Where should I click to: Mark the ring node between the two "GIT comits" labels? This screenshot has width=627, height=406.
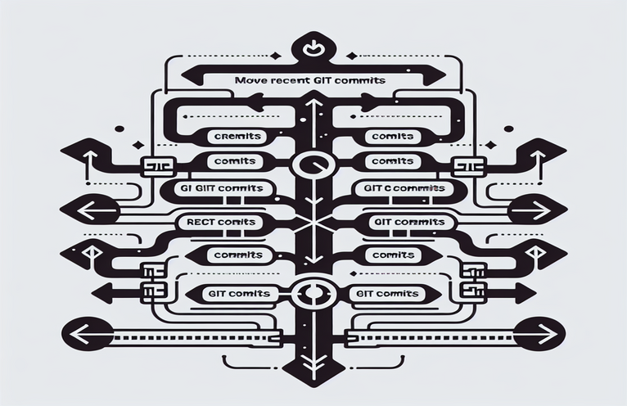[x=313, y=292]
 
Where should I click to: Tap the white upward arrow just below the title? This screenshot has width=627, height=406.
[x=313, y=104]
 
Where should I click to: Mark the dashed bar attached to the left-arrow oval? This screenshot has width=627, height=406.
[x=196, y=335]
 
